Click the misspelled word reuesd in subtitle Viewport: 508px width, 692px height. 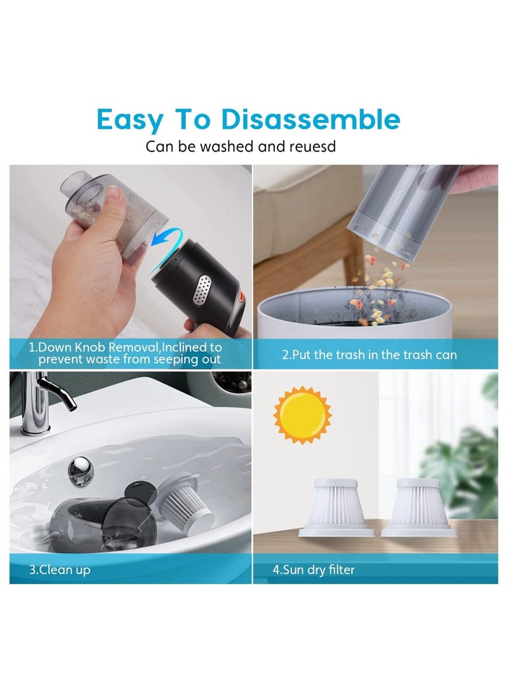coord(311,147)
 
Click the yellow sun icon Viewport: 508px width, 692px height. coord(303,415)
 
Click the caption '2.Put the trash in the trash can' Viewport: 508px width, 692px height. coord(369,355)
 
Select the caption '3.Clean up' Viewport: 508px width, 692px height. coord(60,570)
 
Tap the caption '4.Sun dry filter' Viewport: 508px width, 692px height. coord(314,570)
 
